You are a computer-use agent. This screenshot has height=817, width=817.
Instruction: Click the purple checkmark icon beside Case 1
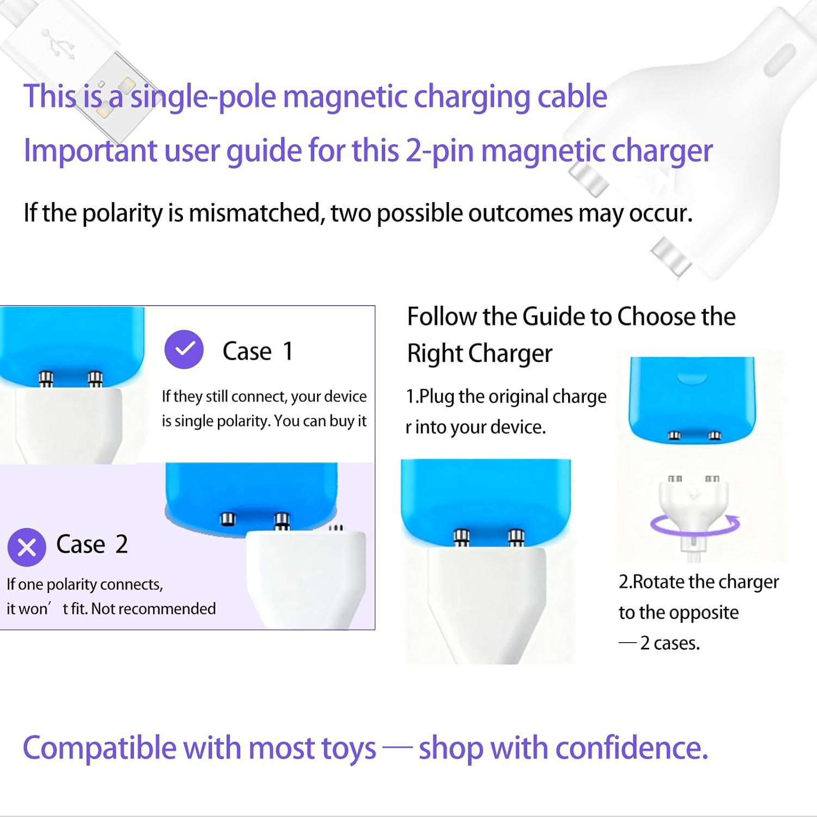(184, 350)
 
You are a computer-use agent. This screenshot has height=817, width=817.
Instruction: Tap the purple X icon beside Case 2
(27, 547)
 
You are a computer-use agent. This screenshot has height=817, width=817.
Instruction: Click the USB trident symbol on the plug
(58, 44)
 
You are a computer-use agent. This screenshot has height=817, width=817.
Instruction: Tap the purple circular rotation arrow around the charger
(695, 524)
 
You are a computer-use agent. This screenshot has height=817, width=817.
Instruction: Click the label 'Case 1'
(258, 351)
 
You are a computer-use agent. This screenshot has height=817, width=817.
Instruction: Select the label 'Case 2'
(92, 545)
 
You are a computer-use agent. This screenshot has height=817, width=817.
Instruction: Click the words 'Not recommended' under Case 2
(154, 609)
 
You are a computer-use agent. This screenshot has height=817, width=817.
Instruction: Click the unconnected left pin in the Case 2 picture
(228, 519)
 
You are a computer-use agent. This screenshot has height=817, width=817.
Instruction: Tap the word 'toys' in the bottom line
(348, 748)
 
